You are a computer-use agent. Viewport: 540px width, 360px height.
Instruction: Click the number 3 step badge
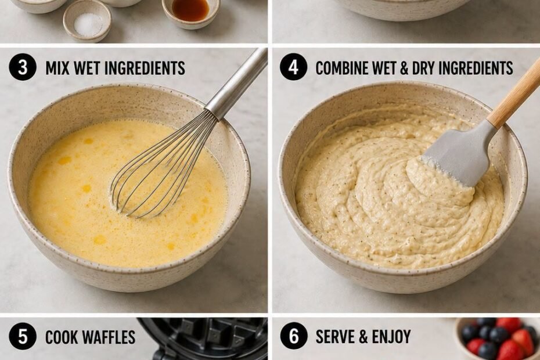(x=23, y=67)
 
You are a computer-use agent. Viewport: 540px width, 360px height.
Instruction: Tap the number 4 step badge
(x=293, y=67)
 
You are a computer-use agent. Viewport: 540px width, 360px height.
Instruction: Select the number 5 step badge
(x=23, y=337)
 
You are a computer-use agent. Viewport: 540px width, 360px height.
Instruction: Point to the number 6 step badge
(x=293, y=337)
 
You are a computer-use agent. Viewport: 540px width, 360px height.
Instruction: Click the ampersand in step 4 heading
(x=403, y=68)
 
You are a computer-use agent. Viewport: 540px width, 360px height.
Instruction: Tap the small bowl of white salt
(x=87, y=20)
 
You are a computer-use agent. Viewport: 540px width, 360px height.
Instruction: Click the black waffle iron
(x=203, y=339)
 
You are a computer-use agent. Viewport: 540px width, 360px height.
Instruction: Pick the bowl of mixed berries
(x=498, y=339)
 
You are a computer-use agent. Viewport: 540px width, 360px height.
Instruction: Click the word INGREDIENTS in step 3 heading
(x=145, y=68)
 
